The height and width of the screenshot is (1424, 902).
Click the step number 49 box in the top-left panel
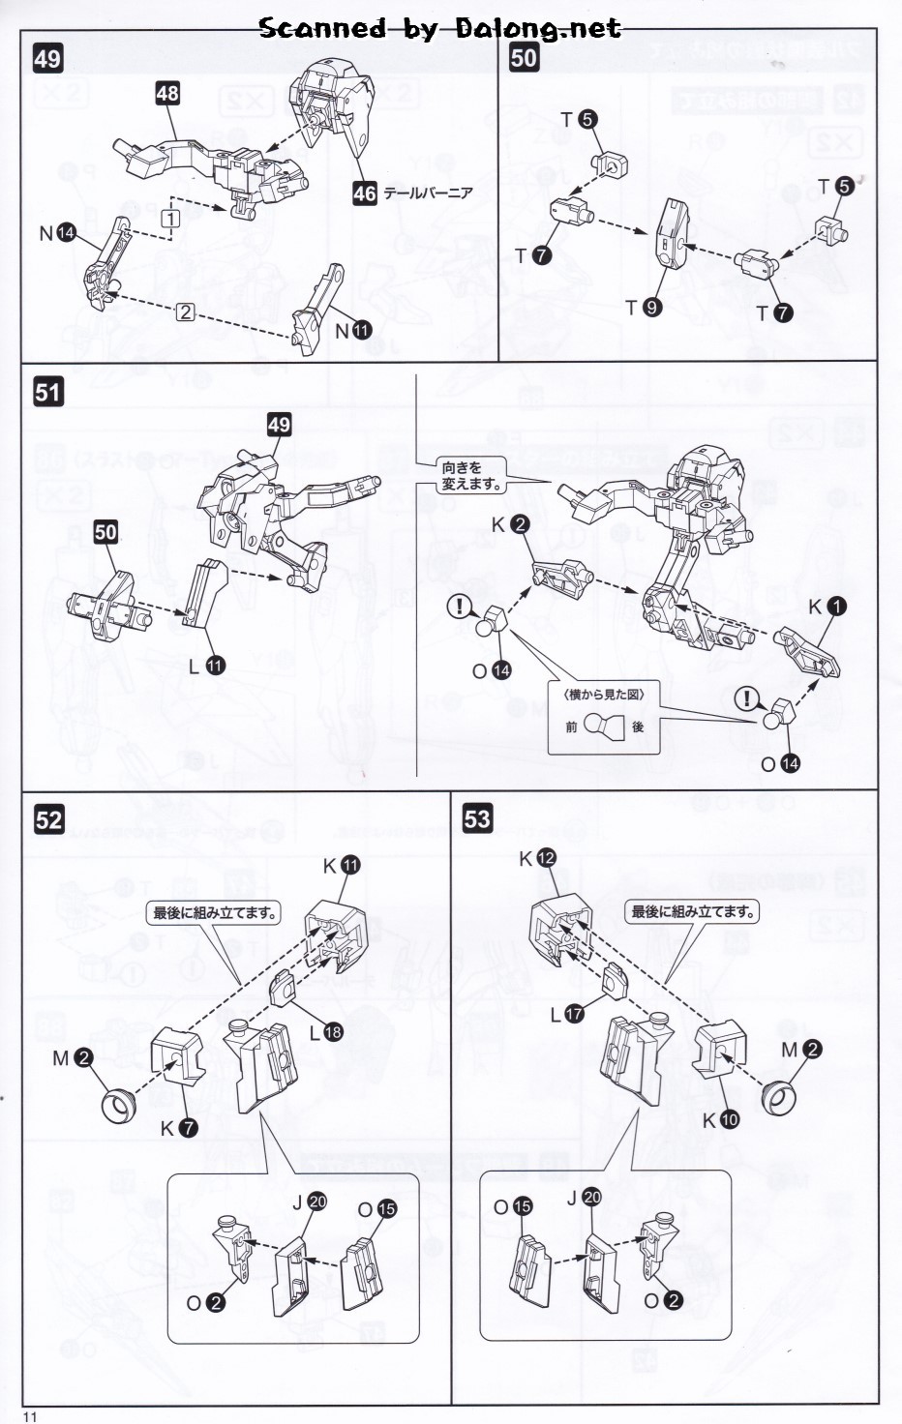(x=47, y=59)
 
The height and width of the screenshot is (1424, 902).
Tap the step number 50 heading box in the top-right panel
(x=524, y=57)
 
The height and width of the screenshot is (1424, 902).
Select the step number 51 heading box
(x=47, y=392)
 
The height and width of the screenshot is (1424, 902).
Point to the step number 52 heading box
(x=48, y=820)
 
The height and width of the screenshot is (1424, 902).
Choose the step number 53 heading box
(x=477, y=819)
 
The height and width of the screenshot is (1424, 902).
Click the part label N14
(x=57, y=233)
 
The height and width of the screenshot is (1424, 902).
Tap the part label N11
(x=352, y=331)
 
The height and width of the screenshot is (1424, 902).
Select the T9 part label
(x=643, y=308)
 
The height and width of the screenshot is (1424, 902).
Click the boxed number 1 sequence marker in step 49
(x=170, y=219)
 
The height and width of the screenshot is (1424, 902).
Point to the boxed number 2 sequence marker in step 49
(x=185, y=311)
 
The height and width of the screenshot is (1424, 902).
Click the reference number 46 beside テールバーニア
(x=365, y=193)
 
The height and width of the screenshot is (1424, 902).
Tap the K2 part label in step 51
(x=510, y=524)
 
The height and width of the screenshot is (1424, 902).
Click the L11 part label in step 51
(x=207, y=666)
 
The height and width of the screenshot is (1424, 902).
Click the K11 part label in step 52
(x=341, y=866)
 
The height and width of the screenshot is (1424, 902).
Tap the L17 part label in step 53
(x=566, y=1014)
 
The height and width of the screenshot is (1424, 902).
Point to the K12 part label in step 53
(x=537, y=858)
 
